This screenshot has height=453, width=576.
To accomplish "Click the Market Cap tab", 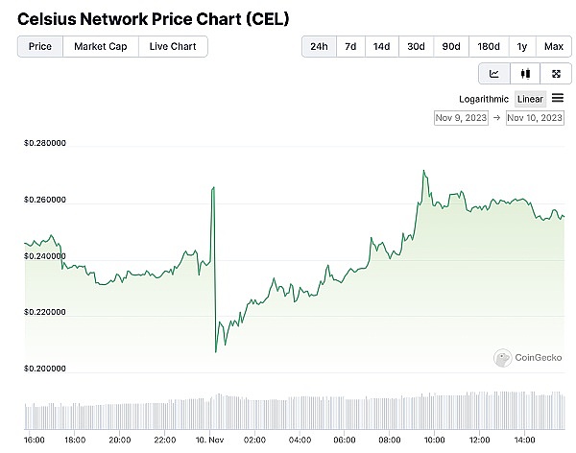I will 101,46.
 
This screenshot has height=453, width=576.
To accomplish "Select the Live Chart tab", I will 173,46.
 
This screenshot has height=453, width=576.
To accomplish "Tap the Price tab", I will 40,46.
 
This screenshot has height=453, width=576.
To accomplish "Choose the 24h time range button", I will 320,46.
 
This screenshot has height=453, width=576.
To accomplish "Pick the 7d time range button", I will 351,46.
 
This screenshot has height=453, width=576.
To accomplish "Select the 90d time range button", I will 450,46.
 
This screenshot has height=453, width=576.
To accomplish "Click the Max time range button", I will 554,46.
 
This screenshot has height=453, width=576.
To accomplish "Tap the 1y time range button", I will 522,46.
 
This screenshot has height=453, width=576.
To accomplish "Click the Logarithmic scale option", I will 484,99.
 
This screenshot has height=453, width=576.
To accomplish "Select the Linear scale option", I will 530,99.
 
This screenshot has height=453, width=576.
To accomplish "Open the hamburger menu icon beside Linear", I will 558,98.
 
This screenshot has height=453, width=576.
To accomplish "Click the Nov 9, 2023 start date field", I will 461,117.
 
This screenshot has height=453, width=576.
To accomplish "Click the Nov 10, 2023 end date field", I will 535,117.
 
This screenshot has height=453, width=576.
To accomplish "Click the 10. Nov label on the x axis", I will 208,440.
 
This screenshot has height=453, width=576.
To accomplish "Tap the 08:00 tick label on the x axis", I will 390,440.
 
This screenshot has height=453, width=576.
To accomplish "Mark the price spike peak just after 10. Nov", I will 212,188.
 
